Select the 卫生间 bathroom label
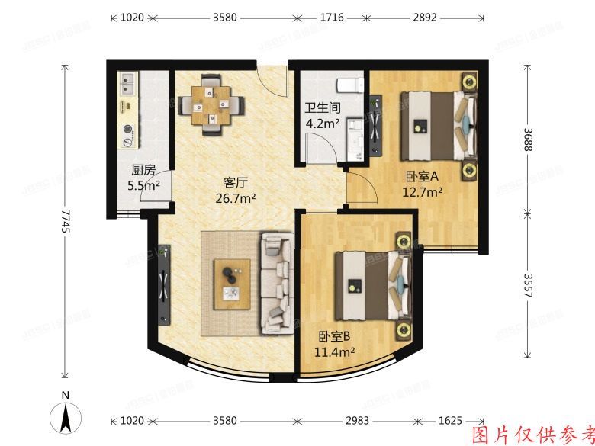tap(322, 107)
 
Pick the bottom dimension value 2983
tap(357, 422)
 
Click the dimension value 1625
tap(451, 422)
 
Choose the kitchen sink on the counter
tap(127, 82)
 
